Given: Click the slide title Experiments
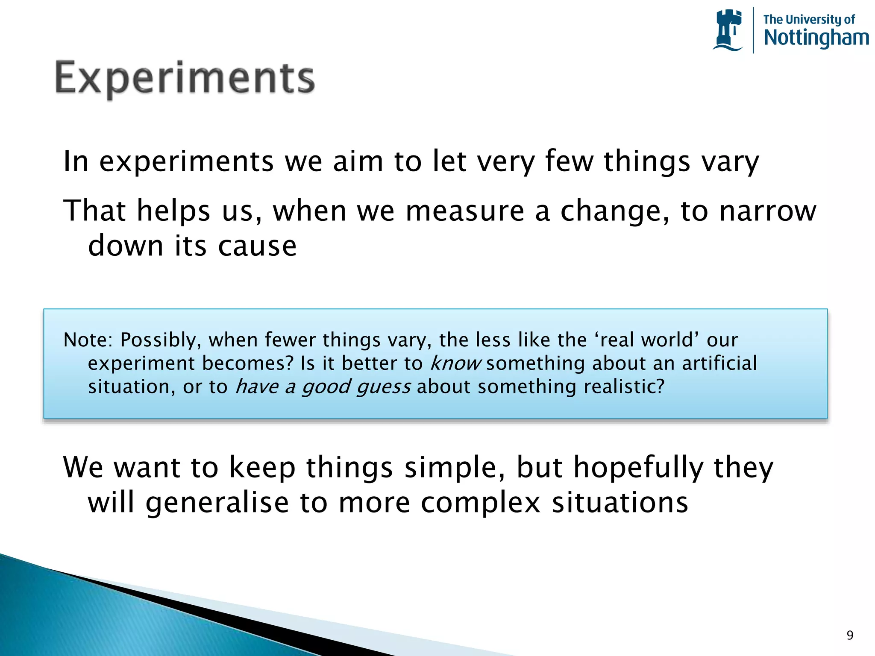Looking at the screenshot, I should point(185,79).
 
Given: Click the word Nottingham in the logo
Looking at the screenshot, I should point(816,38).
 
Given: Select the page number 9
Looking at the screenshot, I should point(850,635).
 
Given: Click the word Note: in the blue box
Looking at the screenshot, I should point(88,340).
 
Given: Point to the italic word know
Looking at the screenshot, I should point(455,363).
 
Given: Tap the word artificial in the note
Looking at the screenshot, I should point(719,363).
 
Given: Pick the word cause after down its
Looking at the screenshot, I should point(257,246).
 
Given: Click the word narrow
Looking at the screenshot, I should point(767,211).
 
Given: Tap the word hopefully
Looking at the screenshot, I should point(638,468).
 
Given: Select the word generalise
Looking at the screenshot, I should point(217,503).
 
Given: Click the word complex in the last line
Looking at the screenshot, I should point(481,503).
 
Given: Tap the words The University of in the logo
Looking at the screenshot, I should point(809,19).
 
